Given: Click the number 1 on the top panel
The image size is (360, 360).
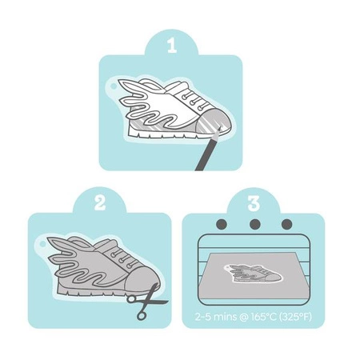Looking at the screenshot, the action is pos(172,46).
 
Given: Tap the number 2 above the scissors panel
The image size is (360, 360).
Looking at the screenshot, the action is pos(100,203).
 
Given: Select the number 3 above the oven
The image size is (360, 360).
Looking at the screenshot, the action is pos(254,203).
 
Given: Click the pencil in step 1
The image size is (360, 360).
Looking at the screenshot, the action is pos(207,150).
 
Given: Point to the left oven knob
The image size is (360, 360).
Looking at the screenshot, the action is pos(222,224).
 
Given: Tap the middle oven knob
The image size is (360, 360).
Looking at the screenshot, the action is pos(255,224).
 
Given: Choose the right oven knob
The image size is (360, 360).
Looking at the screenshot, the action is pos(287,224).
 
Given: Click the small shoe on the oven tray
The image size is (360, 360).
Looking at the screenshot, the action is pos(254,274).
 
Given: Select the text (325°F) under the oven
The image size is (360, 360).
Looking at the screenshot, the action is pos(295,317).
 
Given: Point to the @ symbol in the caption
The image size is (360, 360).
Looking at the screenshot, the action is pos(244,318).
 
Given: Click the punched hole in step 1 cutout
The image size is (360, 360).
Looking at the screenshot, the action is pos(114,86).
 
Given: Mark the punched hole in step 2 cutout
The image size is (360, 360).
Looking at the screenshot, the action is pos(42,244).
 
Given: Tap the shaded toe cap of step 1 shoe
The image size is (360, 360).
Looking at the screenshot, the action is pos(214,122).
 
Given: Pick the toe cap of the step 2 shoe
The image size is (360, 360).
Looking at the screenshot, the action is pos(142,278).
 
